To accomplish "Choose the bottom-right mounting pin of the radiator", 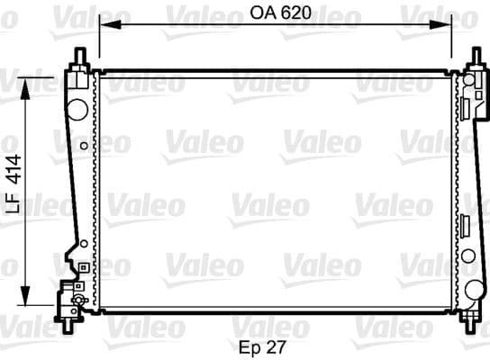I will [472, 319].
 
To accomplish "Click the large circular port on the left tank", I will [77, 109].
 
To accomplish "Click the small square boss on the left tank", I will [82, 266].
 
